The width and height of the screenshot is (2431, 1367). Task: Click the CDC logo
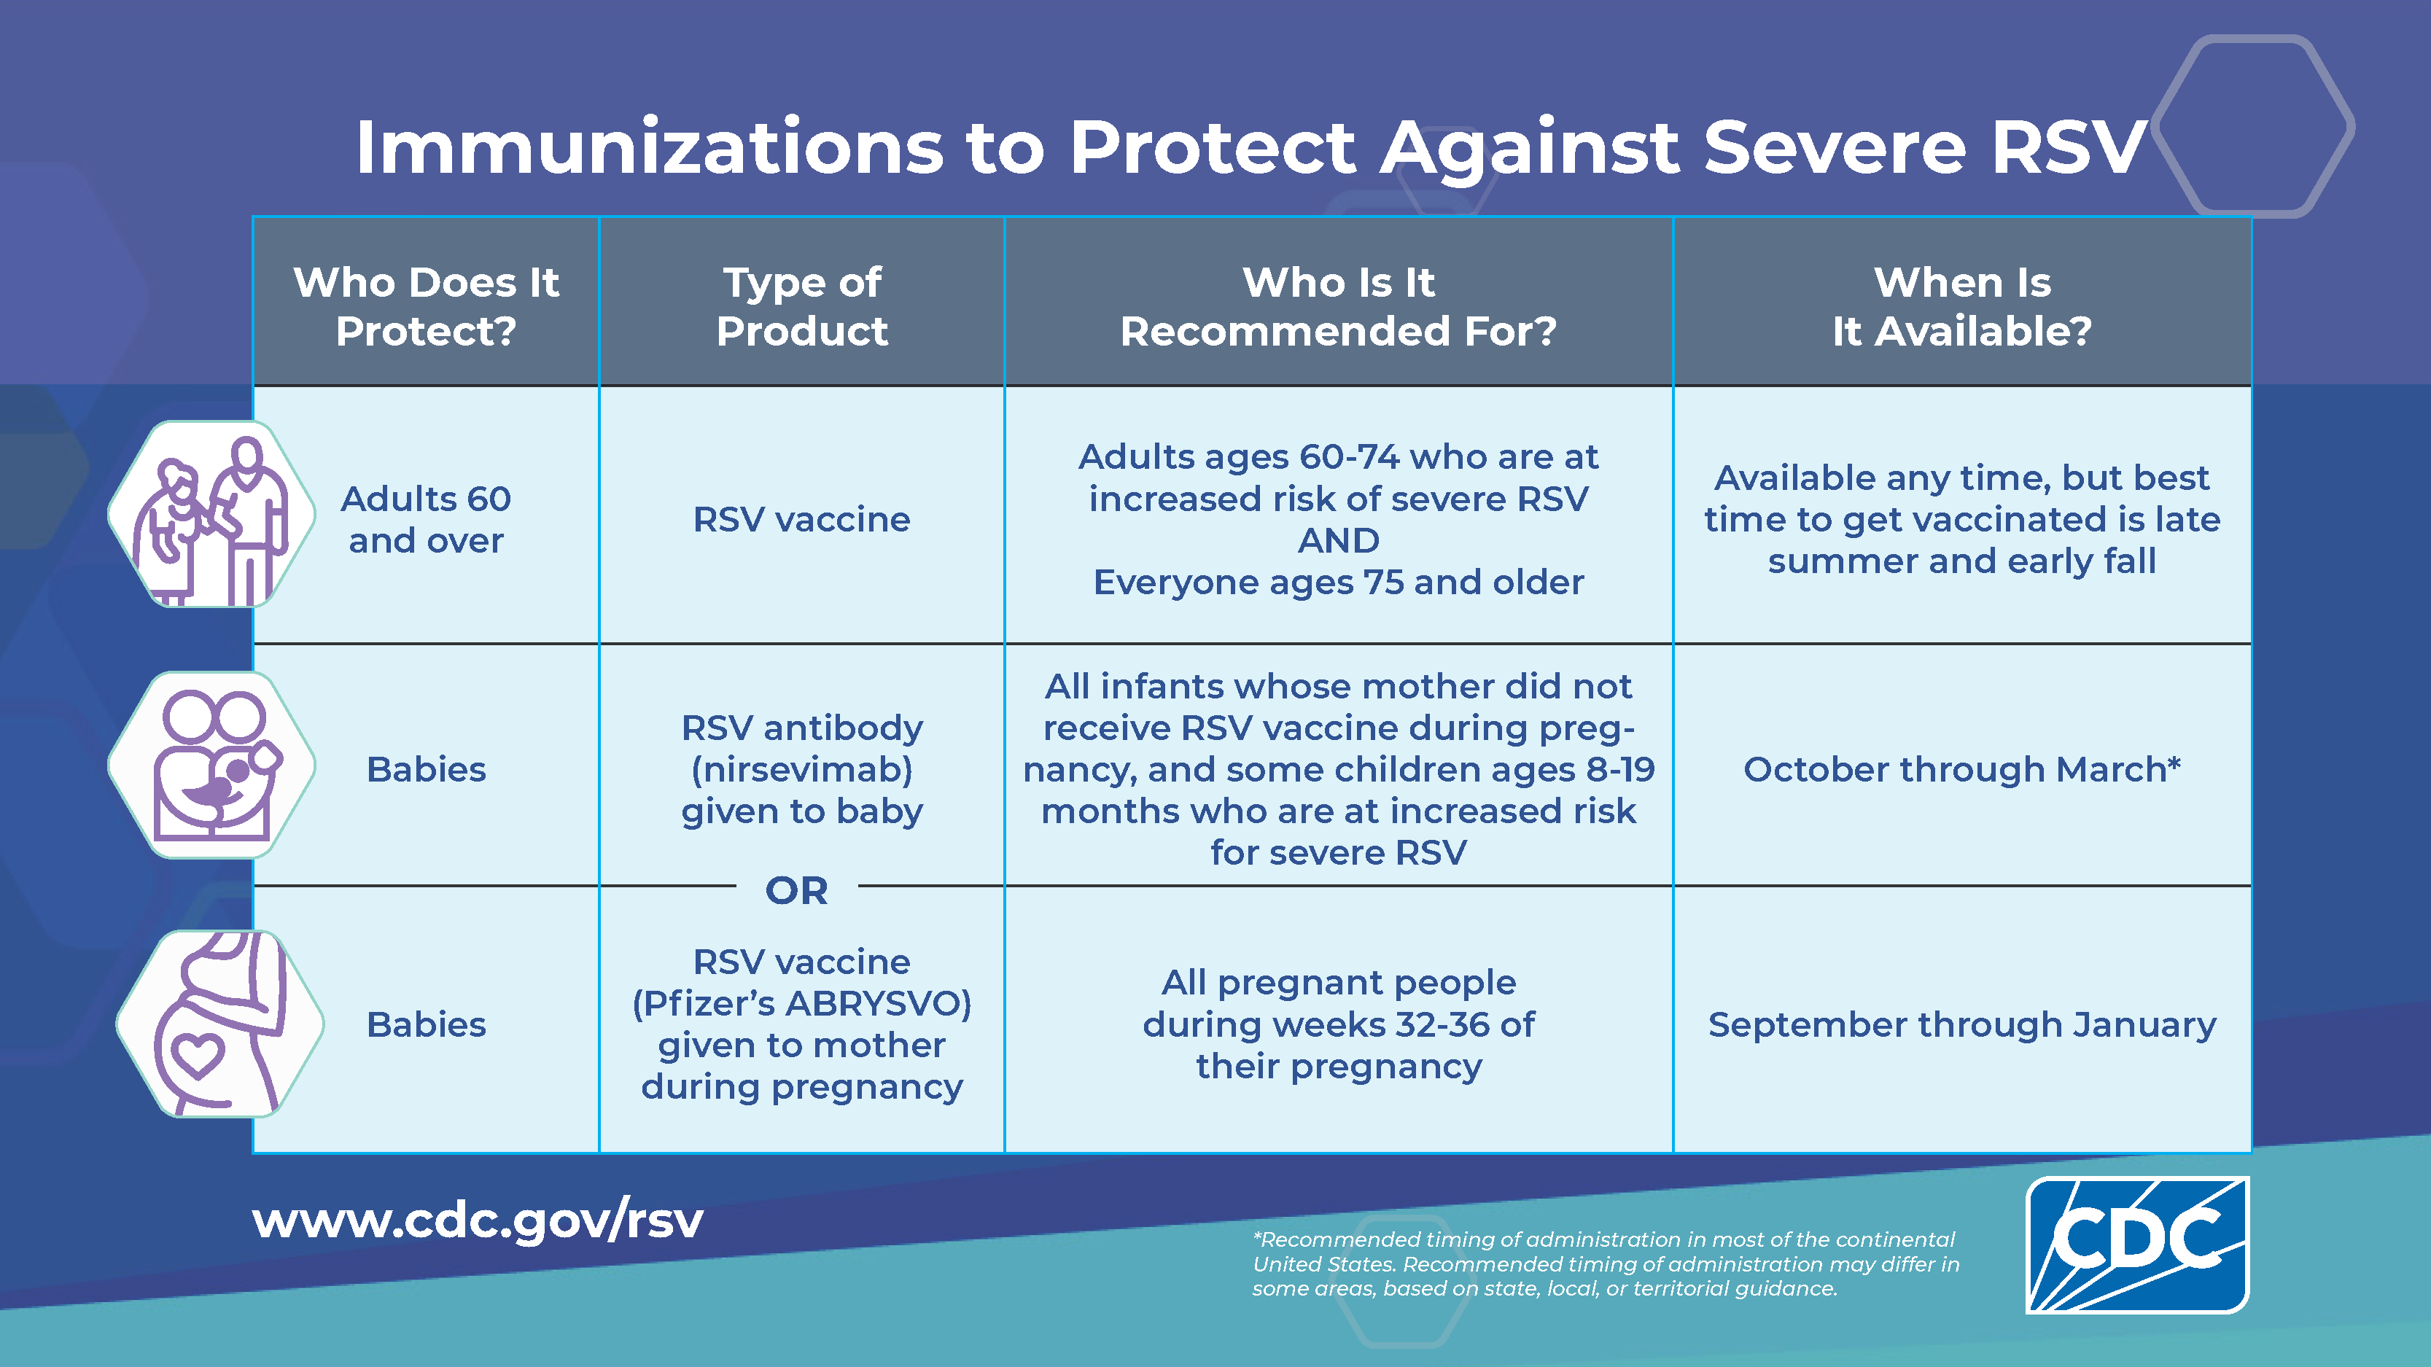(2137, 1245)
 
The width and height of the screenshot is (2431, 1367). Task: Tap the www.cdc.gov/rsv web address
(478, 1222)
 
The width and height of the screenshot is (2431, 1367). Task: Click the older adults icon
(211, 514)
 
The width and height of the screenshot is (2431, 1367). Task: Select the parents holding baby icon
(211, 765)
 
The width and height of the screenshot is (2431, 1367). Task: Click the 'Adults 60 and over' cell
(426, 519)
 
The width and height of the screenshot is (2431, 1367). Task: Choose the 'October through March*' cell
(1962, 769)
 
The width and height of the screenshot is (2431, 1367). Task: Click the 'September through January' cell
(1962, 1024)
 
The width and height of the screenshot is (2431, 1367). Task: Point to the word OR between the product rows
(796, 889)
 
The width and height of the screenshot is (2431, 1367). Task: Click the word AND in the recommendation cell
(1338, 540)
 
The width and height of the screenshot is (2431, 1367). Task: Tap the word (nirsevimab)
(802, 770)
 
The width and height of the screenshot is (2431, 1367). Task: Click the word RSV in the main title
(2069, 147)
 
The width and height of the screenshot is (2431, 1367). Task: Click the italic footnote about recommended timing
(1606, 1264)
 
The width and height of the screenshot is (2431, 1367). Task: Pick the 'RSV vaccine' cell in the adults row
(802, 519)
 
